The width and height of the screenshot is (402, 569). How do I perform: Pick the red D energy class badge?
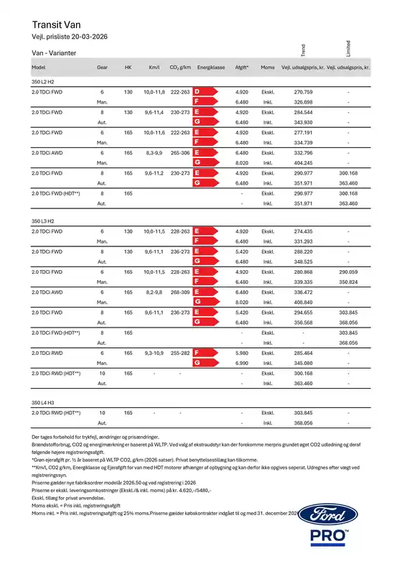tap(197, 93)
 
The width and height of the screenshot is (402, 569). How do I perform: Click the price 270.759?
tap(304, 93)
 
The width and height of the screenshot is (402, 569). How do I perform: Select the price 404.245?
tap(304, 163)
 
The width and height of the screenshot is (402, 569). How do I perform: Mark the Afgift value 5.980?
tap(242, 354)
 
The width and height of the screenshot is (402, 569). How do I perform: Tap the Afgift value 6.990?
tap(242, 364)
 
